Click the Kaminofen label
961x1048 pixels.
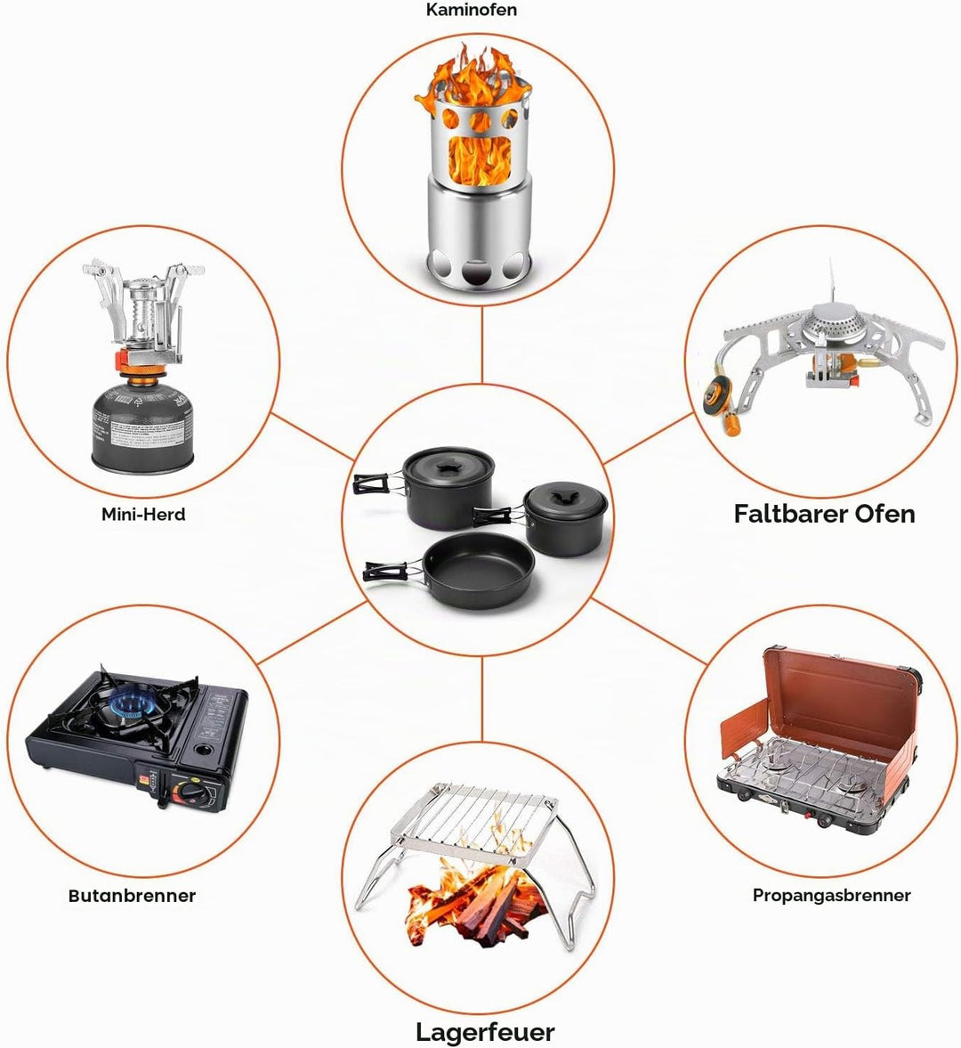(x=472, y=10)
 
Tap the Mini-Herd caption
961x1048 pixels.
(x=143, y=514)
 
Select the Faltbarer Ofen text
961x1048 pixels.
(x=824, y=513)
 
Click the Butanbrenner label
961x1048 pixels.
(x=133, y=896)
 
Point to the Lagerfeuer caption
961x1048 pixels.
(x=485, y=1032)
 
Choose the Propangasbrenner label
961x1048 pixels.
(x=831, y=895)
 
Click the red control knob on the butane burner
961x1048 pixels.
(x=190, y=792)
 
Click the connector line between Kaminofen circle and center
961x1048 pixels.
(x=482, y=345)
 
